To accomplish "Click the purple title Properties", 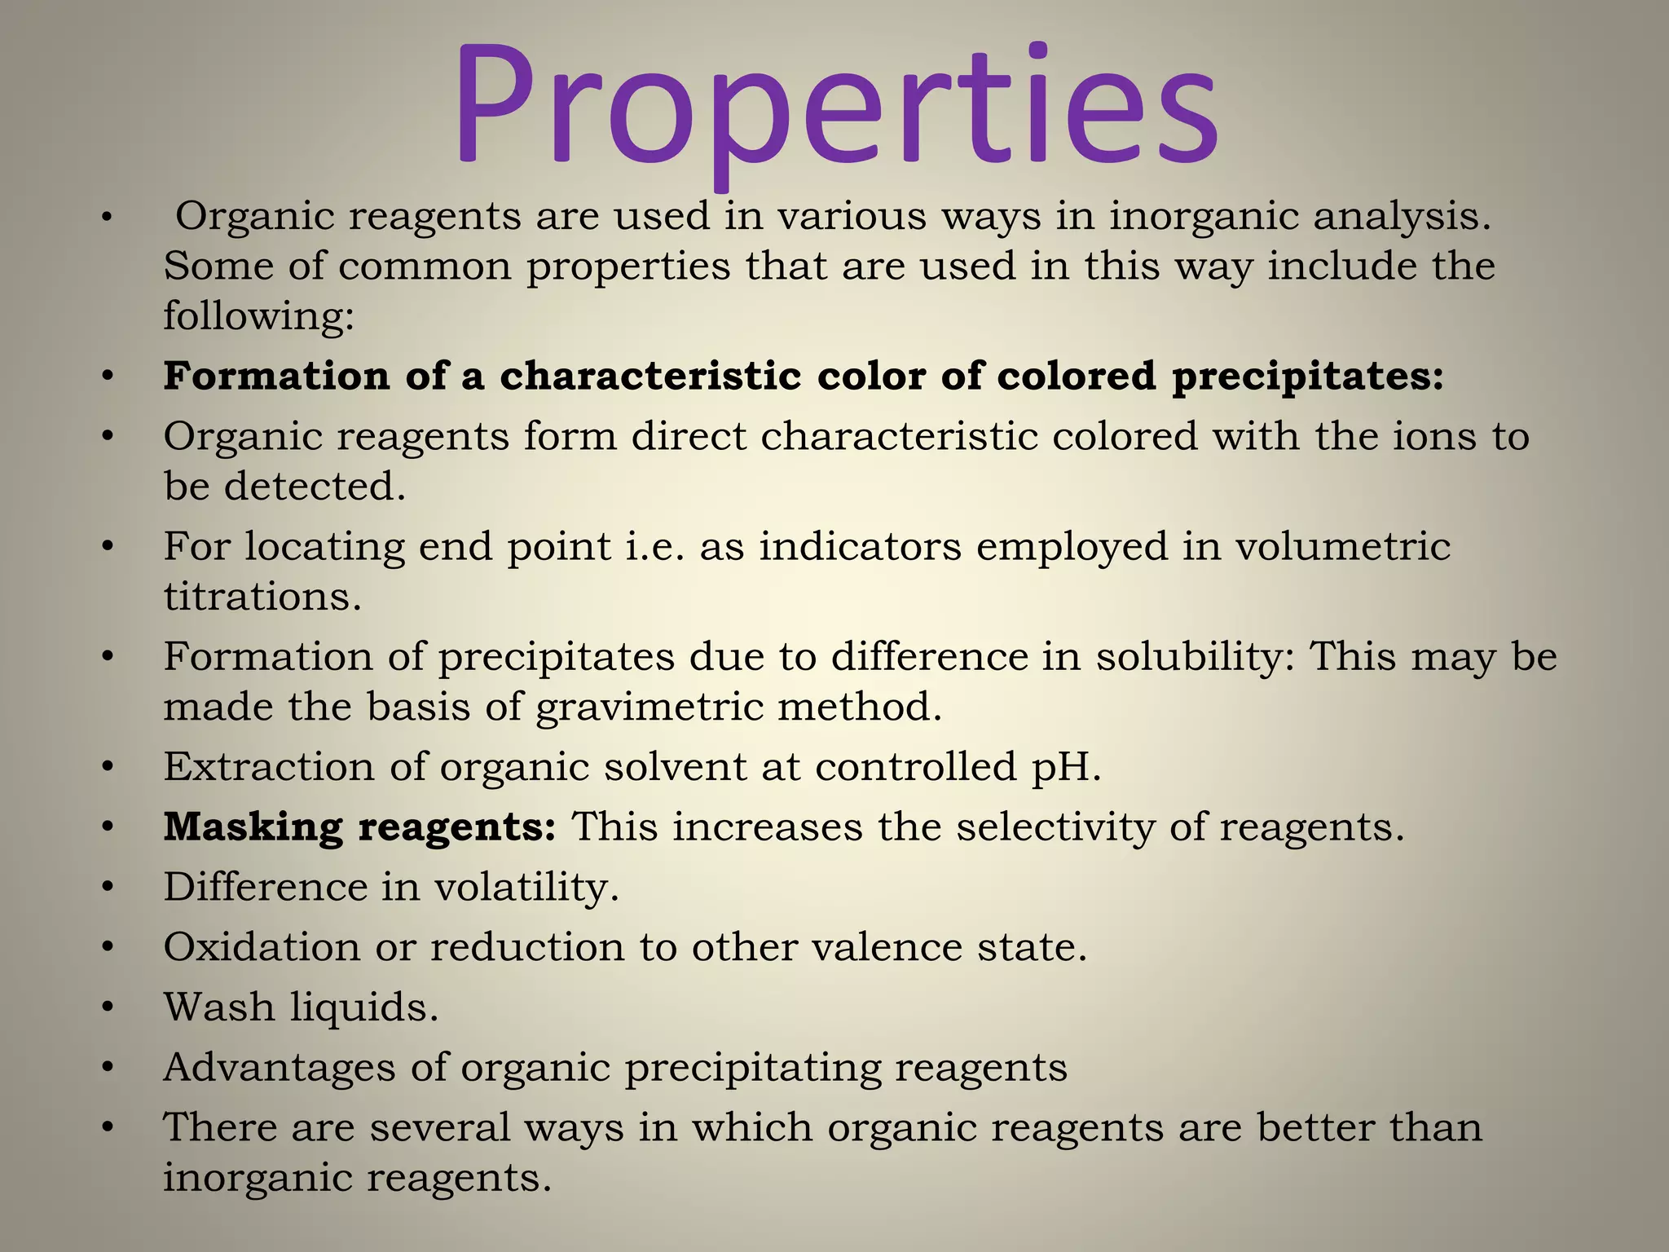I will tap(834, 106).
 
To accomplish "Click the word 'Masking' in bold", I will tap(253, 827).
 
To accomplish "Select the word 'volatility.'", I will tap(526, 887).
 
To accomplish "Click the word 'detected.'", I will tap(315, 487).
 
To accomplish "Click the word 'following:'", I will tap(259, 316).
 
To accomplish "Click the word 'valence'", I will tap(879, 947).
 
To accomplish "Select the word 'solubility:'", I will tap(1195, 657).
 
